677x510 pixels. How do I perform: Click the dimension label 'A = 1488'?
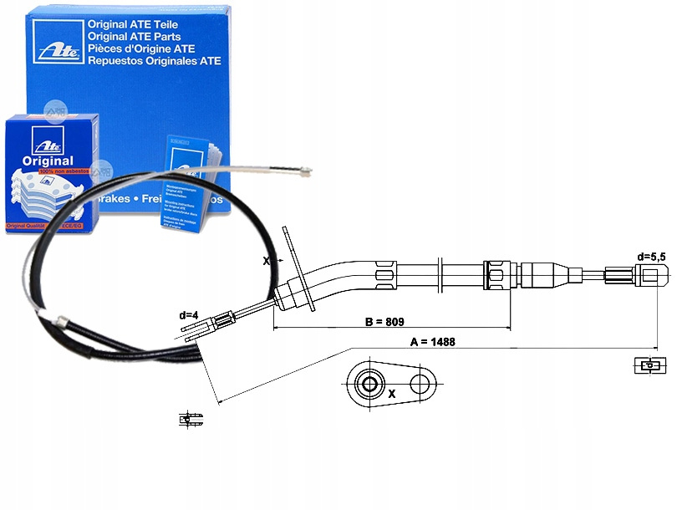click(432, 341)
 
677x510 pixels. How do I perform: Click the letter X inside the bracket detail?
click(392, 391)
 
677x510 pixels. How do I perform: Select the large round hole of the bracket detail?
click(368, 385)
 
